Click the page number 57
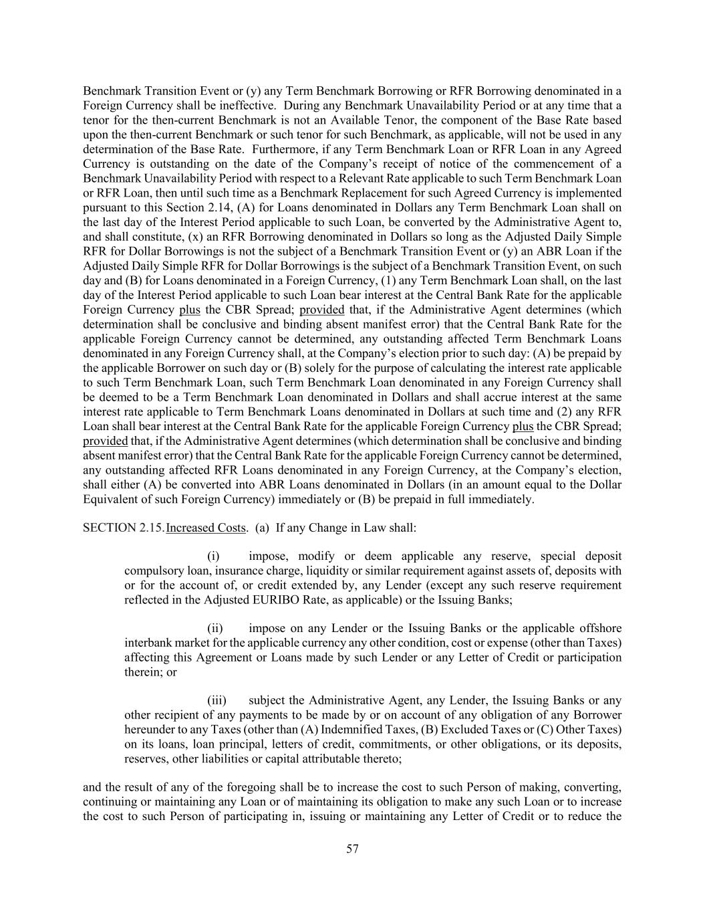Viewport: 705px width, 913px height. tap(352, 849)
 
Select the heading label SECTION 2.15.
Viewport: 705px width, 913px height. tap(123, 528)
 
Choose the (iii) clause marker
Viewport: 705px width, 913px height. tap(217, 701)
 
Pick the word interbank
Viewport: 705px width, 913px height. tap(147, 643)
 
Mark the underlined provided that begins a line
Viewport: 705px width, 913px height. tap(105, 441)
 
